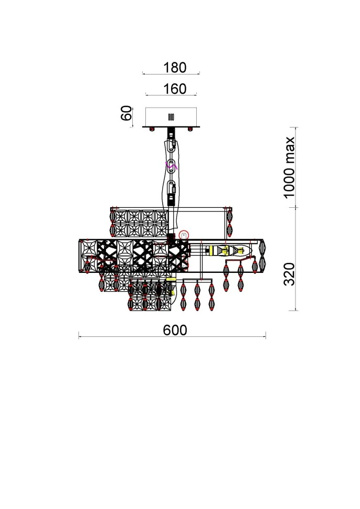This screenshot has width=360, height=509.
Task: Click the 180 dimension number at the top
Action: [x=175, y=68]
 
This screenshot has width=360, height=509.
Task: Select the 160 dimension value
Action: [x=175, y=89]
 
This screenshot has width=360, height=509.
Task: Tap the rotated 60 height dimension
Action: [x=126, y=113]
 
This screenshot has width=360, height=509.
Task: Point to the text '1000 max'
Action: [x=289, y=167]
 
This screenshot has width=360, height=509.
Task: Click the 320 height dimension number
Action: [x=289, y=274]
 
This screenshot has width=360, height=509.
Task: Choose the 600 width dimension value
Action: [x=175, y=330]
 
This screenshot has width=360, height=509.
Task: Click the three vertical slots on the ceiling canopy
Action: [x=171, y=117]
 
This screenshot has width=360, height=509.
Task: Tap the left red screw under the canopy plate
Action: [x=152, y=129]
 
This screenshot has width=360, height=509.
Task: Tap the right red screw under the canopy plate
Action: [x=190, y=129]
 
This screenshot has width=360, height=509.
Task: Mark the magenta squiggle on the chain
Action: [x=172, y=166]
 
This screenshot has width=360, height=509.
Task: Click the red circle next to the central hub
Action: [x=183, y=235]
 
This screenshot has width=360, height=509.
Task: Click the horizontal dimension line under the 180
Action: [x=171, y=74]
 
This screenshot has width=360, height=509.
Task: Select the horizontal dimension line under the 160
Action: [x=171, y=95]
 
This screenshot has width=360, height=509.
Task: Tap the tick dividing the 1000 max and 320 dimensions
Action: [x=296, y=207]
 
